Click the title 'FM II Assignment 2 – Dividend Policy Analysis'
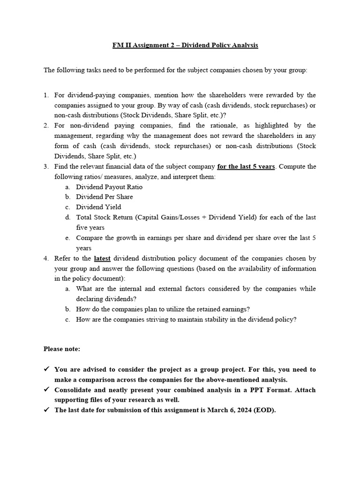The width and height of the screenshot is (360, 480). coord(185,45)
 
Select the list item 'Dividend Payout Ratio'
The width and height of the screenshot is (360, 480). coord(109,187)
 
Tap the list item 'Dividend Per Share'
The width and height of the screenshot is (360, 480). coord(105,197)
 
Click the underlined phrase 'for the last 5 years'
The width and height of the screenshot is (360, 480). coord(246,167)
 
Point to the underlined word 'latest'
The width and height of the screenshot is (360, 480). coord(102,258)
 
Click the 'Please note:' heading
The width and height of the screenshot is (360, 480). coord(62,349)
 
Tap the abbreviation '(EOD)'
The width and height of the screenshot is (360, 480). coord(266,410)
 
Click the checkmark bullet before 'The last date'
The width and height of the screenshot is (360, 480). coord(47,410)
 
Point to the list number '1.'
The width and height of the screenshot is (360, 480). coord(46,96)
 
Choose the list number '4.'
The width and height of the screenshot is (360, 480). coord(46,258)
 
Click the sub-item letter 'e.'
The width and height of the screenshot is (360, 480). coord(68,238)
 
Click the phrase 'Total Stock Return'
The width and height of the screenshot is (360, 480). coord(104,217)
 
